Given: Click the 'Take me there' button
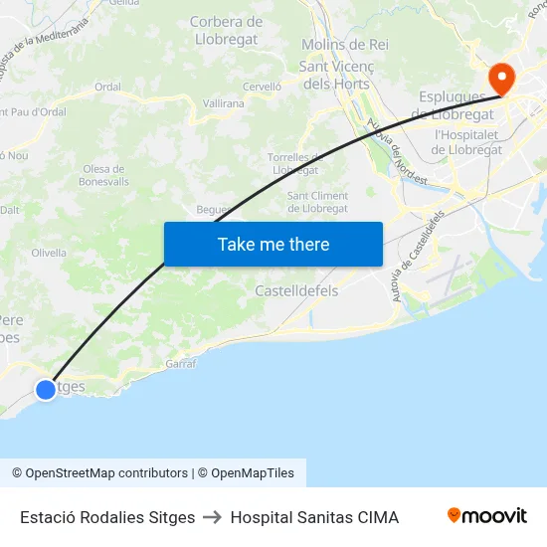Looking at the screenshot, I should coord(273,245).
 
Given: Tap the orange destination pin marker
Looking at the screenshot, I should coord(500,77).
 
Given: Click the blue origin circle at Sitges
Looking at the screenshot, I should coord(46,390).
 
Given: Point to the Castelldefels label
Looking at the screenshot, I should coord(296,291).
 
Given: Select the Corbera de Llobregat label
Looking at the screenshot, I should coord(226,30).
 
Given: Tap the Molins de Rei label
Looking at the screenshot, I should coord(344,45).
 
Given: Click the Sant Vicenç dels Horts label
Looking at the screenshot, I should coord(335,76).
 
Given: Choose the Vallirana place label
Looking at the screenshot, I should coord(223,103).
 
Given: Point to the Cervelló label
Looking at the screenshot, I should coord(263,87).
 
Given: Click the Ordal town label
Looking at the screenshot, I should coord(107,87).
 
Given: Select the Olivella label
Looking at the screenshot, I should coord(49,253).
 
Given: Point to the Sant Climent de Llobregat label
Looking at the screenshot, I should coord(317,202).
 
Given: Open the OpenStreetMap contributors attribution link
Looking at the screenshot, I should coord(99,473).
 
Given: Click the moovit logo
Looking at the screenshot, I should coord(486,516).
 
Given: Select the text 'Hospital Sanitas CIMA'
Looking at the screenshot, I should coord(314,517).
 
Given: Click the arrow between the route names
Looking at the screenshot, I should coord(213,517).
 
